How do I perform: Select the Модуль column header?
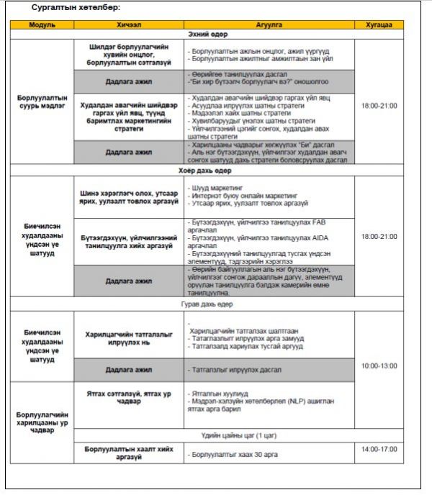[x=42, y=24]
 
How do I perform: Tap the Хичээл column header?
[x=129, y=24]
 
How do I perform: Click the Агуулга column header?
[x=269, y=24]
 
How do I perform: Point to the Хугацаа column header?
[x=379, y=24]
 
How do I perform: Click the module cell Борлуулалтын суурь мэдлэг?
[x=42, y=101]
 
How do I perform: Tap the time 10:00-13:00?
[x=379, y=365]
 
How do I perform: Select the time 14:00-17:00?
[x=379, y=448]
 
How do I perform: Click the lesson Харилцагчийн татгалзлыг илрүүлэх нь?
[x=129, y=336]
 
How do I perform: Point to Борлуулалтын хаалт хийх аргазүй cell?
[x=129, y=453]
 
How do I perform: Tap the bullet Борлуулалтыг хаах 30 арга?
[x=227, y=455]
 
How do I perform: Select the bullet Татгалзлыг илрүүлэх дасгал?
[x=230, y=369]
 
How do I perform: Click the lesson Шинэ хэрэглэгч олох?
[x=129, y=196]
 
